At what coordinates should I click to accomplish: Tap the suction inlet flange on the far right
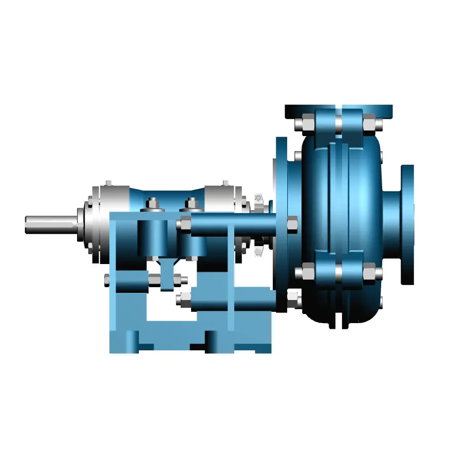(x=407, y=224)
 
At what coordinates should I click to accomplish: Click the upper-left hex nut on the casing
(x=302, y=124)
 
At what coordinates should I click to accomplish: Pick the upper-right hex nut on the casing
(x=370, y=124)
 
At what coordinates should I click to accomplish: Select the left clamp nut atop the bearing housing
(x=153, y=204)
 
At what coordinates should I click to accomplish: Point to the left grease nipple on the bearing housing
(x=108, y=183)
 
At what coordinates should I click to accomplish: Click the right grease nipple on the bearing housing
(x=225, y=183)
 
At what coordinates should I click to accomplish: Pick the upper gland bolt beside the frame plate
(x=258, y=198)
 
